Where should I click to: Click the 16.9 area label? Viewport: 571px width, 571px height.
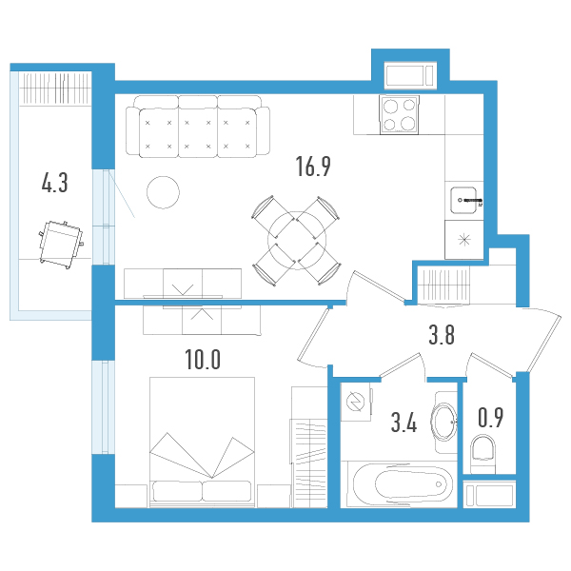pos(312,168)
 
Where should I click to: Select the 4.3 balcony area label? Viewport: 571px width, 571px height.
pos(54,183)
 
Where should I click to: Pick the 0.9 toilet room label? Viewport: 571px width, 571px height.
pos(491,417)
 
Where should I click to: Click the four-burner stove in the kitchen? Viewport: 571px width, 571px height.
pos(402,114)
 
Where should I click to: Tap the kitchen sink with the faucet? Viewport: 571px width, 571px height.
pos(467,200)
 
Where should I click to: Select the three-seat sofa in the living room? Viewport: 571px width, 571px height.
pos(198,126)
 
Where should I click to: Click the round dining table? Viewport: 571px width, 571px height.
pos(295,238)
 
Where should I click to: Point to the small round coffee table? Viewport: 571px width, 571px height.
pos(164,193)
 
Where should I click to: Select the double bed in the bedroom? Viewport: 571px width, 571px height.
pos(202,438)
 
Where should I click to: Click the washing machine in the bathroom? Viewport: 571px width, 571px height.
pos(356,402)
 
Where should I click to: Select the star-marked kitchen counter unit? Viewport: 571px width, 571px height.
pos(466,240)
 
